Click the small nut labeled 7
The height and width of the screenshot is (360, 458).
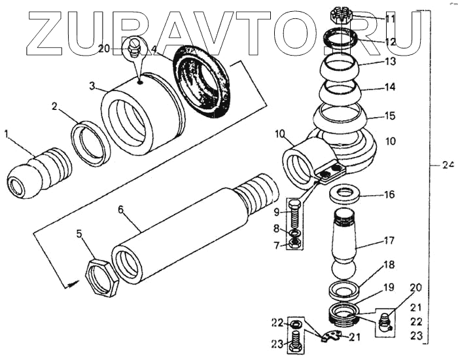pyautogui.click(x=295, y=244)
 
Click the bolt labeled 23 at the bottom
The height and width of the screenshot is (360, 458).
pyautogui.click(x=295, y=340)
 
